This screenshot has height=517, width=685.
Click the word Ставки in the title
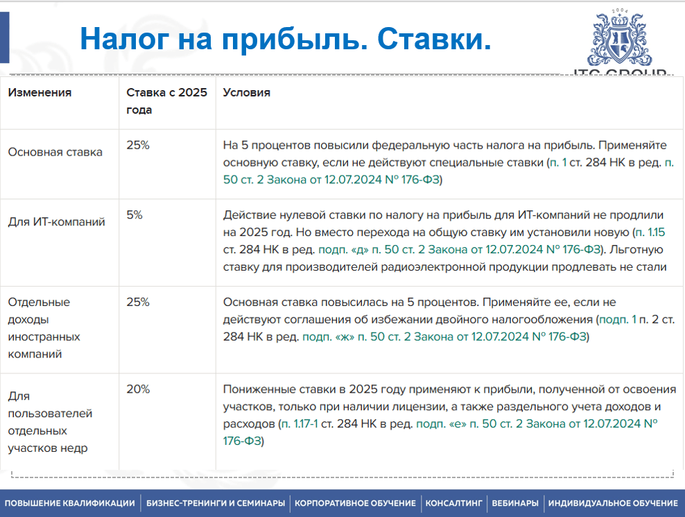pos(434,39)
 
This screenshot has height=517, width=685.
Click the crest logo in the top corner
pos(620,38)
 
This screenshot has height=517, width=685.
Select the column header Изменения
pos(40,92)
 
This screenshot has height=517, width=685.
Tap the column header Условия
pos(246,92)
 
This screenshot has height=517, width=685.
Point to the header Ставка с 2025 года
pos(166,101)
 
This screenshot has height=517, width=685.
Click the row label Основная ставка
pos(55,152)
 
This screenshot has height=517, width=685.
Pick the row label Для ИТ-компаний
pos(56,222)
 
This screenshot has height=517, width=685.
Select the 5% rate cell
pos(135,214)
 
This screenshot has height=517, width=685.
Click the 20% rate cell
pos(138,389)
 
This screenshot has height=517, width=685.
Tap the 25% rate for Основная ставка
pos(138,145)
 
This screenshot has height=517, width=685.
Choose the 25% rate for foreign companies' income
pos(138,302)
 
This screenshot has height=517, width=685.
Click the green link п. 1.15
pos(650,232)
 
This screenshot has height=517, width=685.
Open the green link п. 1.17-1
pos(300,424)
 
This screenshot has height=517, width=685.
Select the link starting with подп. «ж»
pos(444,337)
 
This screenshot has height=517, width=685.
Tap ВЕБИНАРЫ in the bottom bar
pos(515,503)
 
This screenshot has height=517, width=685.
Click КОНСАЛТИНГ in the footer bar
pos(454,503)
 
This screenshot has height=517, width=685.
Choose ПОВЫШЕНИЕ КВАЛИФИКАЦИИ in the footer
pos(70,503)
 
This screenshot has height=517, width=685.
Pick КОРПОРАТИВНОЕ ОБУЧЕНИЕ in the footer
pos(355,503)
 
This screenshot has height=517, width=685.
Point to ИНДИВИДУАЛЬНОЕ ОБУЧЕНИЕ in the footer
pos(614,503)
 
